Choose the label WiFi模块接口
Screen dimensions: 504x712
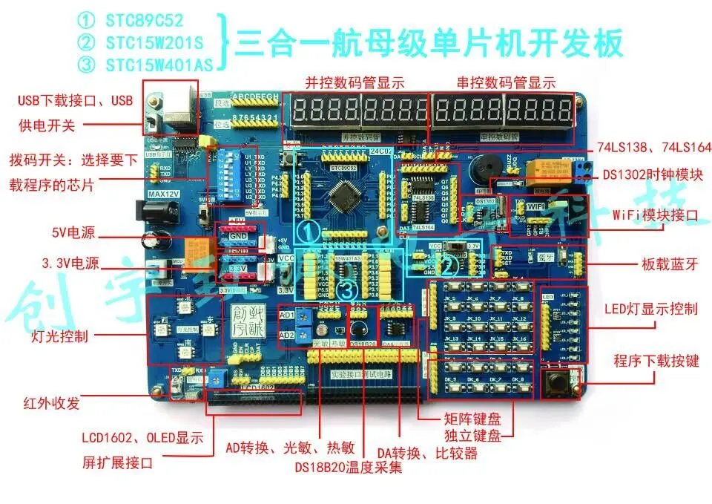(x=656, y=216)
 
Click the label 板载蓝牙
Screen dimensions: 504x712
(x=670, y=264)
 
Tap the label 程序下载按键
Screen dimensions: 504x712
(x=656, y=361)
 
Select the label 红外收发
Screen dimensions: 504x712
(x=50, y=404)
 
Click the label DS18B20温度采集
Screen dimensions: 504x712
(x=348, y=468)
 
